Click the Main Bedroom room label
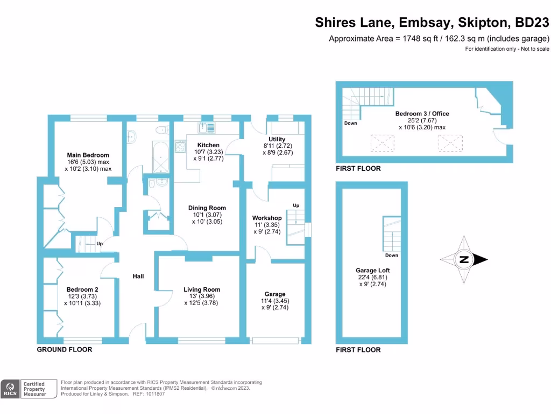click(x=88, y=155)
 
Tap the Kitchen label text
click(x=208, y=145)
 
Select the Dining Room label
click(x=207, y=208)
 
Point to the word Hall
click(x=138, y=277)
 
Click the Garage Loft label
click(x=372, y=271)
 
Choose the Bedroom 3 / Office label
click(x=422, y=114)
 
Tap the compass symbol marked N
click(x=464, y=260)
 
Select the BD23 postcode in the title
click(x=532, y=23)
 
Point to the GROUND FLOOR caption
click(x=64, y=349)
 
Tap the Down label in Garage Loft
click(x=391, y=256)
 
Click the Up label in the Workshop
click(x=295, y=206)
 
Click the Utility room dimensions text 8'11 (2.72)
click(x=277, y=146)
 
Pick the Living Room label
click(x=202, y=289)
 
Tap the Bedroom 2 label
click(x=82, y=289)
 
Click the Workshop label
click(x=267, y=218)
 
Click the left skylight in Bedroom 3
click(x=383, y=143)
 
